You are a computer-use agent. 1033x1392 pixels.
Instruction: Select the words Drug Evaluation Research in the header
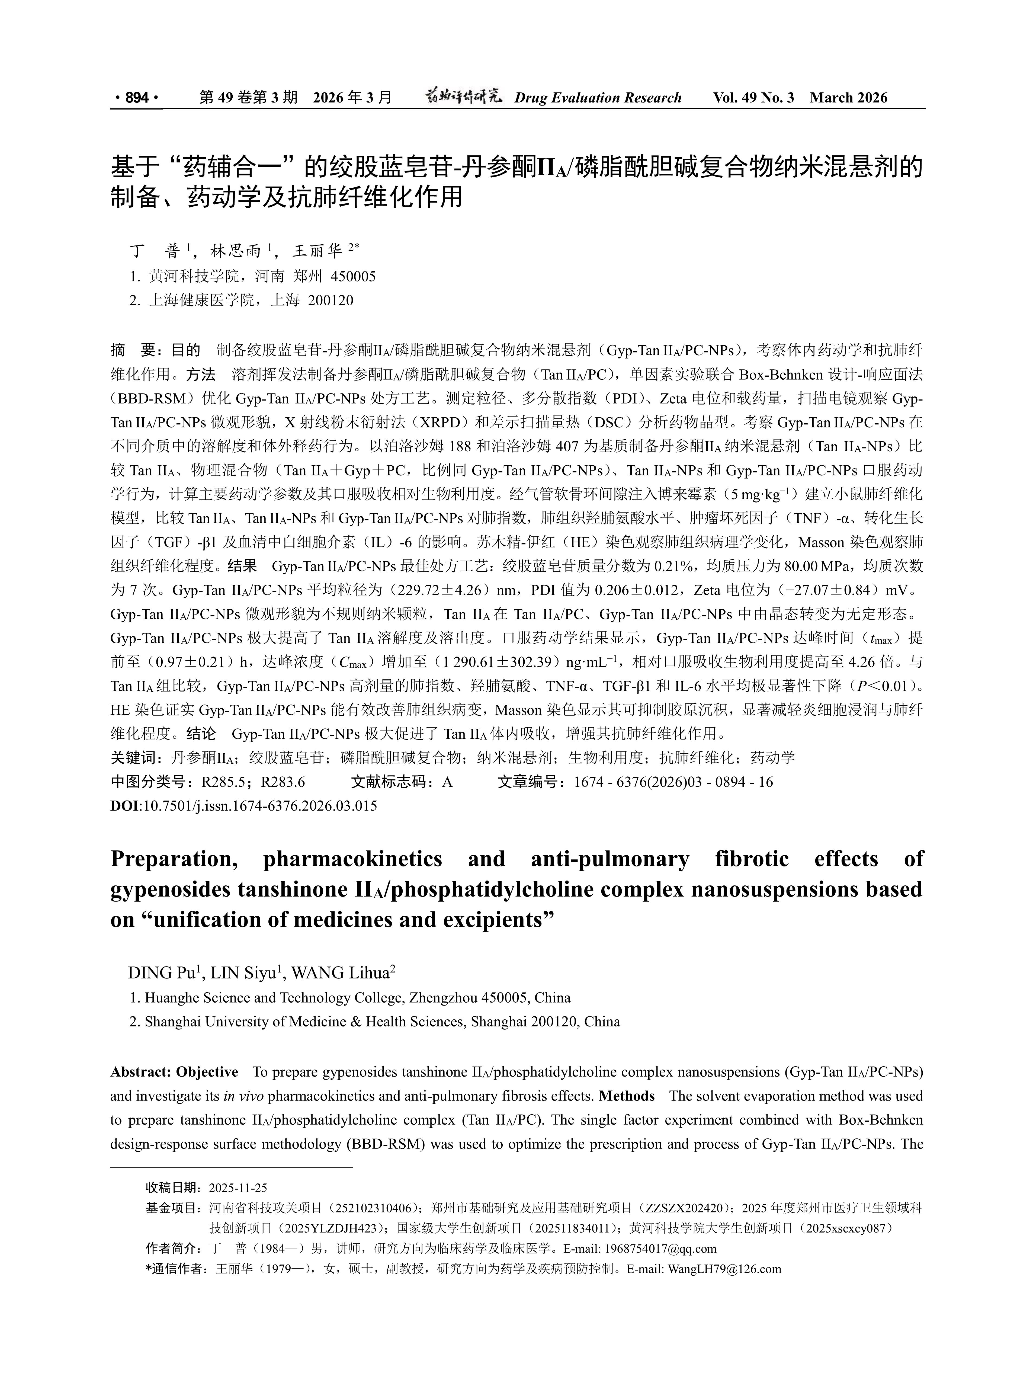click(x=598, y=98)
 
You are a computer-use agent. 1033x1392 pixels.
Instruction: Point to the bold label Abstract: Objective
click(x=174, y=1072)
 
